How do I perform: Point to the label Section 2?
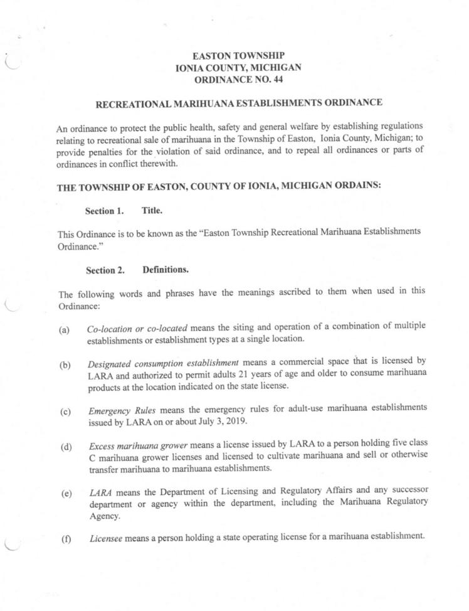click(105, 270)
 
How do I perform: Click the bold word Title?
click(152, 211)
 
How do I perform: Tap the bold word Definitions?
click(166, 270)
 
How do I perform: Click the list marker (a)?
click(64, 329)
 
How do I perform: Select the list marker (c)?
click(65, 412)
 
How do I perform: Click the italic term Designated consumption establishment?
click(163, 363)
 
